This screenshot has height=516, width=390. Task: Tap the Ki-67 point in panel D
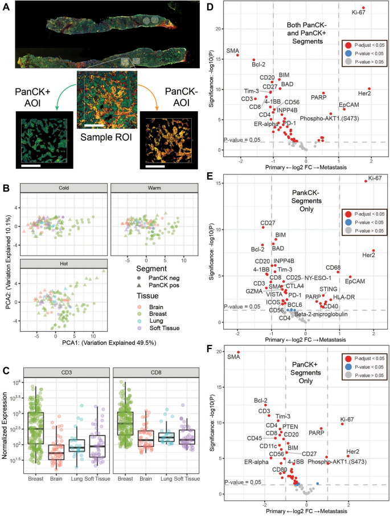click(363, 8)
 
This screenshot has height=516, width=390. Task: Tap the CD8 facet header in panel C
click(154, 373)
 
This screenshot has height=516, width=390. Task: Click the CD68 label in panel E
click(333, 267)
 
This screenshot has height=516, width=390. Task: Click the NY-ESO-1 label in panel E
click(317, 277)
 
